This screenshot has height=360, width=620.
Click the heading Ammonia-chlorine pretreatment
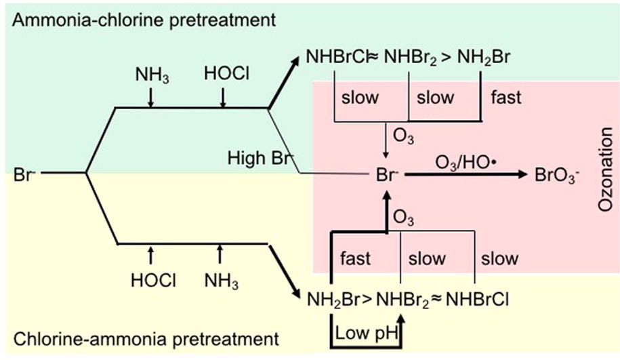144,19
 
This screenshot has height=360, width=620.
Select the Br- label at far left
24,175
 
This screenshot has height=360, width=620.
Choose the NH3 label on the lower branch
221,279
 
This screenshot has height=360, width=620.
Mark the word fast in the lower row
356,258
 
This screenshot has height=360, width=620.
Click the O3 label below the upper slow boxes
403,138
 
